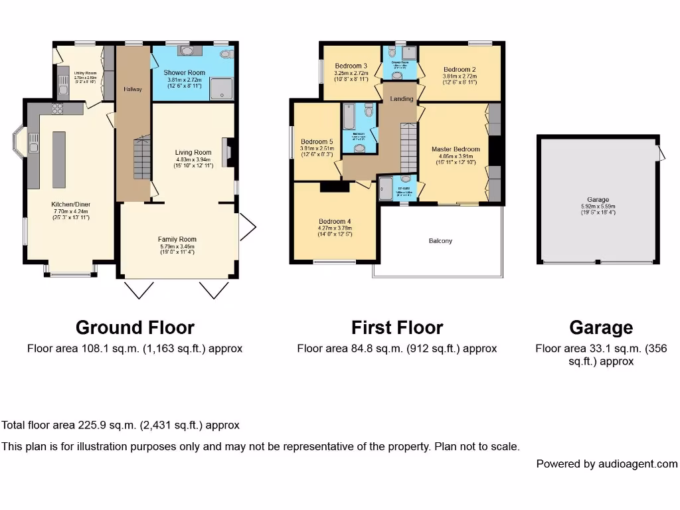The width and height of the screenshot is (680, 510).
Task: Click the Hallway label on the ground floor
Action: pos(133,89)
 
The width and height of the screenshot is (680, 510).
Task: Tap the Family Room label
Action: pos(177,239)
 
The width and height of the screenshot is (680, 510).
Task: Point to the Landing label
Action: pos(401,99)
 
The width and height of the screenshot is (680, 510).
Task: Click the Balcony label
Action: pos(440,241)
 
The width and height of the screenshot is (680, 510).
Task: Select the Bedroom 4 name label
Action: pos(335,221)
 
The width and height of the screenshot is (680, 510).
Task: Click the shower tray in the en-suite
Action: pos(386,189)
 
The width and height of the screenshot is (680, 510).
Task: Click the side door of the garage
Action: pos(661,153)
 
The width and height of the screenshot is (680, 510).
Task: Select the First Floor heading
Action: pos(396,327)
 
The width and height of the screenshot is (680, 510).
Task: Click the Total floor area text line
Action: pos(120,425)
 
